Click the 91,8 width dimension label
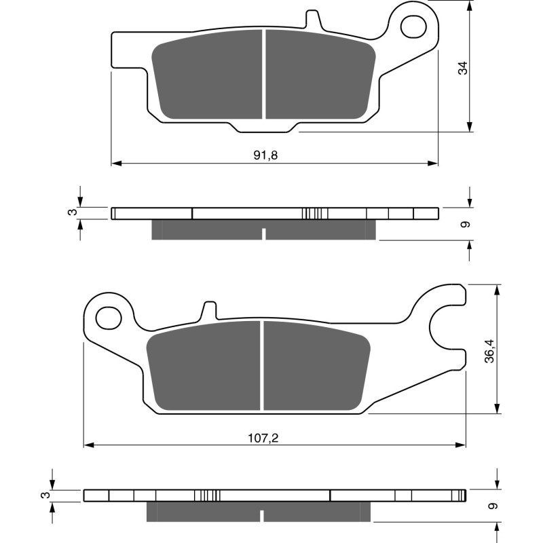[x=266, y=155]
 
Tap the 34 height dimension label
[x=463, y=68]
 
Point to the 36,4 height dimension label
[x=489, y=351]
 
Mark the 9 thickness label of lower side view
[x=491, y=506]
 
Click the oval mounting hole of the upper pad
[x=413, y=26]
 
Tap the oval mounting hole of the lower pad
[x=107, y=316]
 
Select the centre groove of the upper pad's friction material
[x=263, y=76]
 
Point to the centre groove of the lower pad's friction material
[x=261, y=366]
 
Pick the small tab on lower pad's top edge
[x=208, y=310]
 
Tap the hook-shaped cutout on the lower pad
[x=445, y=331]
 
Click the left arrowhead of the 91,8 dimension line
[x=116, y=164]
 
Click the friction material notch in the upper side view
[x=263, y=234]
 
